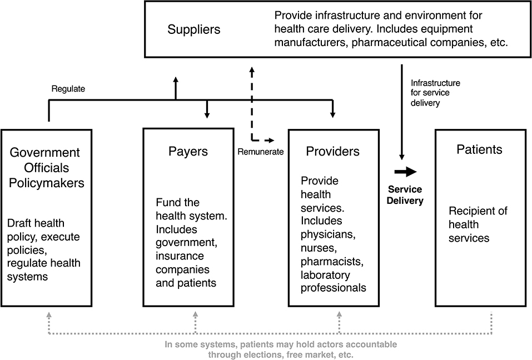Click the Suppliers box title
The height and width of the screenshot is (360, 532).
pyautogui.click(x=193, y=29)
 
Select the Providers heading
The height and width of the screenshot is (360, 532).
pyautogui.click(x=333, y=151)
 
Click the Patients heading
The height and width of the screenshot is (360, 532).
pyautogui.click(x=479, y=149)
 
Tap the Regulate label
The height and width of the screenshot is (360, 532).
pyautogui.click(x=68, y=88)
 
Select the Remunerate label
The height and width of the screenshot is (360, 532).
pyautogui.click(x=261, y=151)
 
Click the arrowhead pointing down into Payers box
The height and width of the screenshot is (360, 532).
pyautogui.click(x=207, y=115)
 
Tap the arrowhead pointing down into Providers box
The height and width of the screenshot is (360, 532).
pyautogui.click(x=332, y=115)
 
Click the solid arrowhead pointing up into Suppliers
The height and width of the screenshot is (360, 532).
pyautogui.click(x=176, y=81)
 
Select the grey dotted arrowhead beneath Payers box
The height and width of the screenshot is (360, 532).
pyautogui.click(x=195, y=314)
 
